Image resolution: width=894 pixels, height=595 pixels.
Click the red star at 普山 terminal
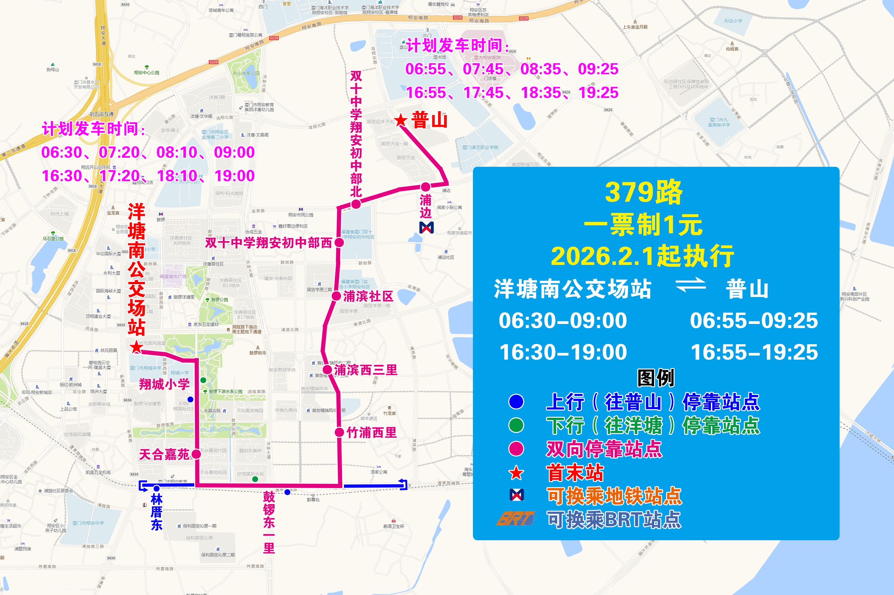(x=400, y=120)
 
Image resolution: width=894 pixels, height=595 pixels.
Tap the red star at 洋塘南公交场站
(x=136, y=347)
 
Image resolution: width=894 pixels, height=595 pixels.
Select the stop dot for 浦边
(x=425, y=187)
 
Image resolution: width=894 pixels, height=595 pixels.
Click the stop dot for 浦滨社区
(x=336, y=296)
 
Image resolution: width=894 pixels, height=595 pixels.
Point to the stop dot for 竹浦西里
(x=339, y=432)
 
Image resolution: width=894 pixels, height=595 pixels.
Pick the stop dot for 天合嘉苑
(x=196, y=454)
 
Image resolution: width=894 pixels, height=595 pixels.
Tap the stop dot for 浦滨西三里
(x=327, y=370)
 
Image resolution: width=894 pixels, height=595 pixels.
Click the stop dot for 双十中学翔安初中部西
(x=339, y=243)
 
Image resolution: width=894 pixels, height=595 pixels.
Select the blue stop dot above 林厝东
(x=156, y=488)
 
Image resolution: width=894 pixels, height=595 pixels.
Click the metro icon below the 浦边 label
(x=426, y=227)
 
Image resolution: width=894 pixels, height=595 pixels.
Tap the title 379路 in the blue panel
(x=644, y=192)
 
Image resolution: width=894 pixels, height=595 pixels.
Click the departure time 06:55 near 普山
(x=425, y=69)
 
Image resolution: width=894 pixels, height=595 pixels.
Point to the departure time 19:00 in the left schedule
(x=234, y=176)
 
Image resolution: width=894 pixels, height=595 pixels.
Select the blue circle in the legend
(x=516, y=402)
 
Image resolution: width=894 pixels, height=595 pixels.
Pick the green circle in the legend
(x=516, y=425)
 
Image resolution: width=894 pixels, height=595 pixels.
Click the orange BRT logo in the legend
(x=516, y=519)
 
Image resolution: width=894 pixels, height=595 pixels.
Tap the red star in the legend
(x=516, y=473)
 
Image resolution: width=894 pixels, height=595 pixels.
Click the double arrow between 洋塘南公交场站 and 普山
(x=691, y=285)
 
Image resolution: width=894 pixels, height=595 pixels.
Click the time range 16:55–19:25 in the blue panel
(x=754, y=352)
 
